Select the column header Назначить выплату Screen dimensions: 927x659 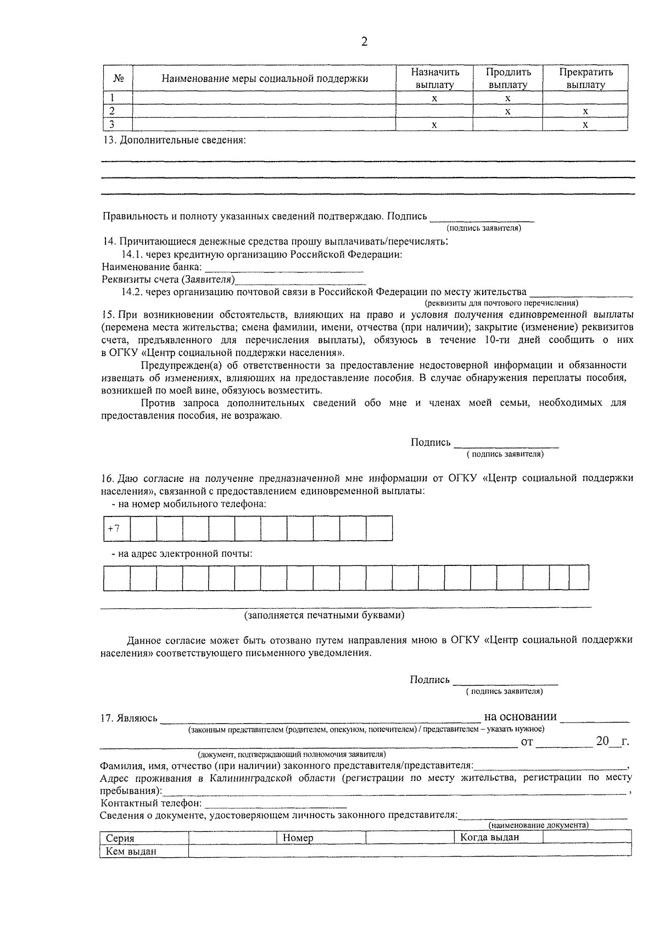click(x=435, y=79)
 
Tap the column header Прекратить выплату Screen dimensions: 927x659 click(x=585, y=79)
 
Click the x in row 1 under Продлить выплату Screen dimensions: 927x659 click(x=507, y=99)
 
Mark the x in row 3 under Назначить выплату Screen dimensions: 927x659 click(x=434, y=125)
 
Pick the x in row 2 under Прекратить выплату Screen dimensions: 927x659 click(x=585, y=112)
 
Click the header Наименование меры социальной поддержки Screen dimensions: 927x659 click(x=265, y=79)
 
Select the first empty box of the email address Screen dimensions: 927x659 click(x=116, y=578)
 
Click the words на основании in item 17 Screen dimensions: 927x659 click(x=520, y=717)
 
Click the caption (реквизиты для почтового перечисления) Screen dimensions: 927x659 click(x=501, y=303)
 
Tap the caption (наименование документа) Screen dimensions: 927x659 click(x=538, y=825)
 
